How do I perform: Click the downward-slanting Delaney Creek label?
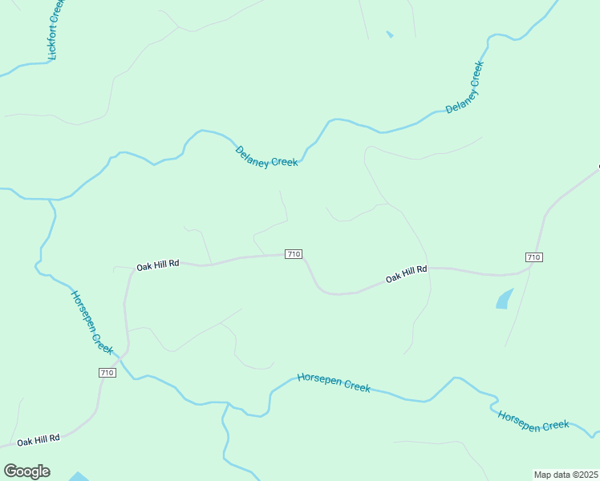[x=266, y=156]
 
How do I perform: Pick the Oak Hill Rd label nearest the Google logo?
[x=39, y=440]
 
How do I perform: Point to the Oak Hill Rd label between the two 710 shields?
[x=406, y=274]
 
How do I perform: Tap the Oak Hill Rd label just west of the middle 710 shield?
[x=157, y=265]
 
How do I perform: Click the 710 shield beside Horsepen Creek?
[x=107, y=373]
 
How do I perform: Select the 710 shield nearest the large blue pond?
[x=534, y=257]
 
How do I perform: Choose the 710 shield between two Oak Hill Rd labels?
[x=294, y=254]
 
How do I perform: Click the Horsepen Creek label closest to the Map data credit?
[x=533, y=420]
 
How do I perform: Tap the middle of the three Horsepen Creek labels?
[x=334, y=382]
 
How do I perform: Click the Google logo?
[x=26, y=471]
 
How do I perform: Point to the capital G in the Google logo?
[x=10, y=471]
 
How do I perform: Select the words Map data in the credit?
[x=552, y=475]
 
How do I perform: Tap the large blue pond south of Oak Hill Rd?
[x=504, y=299]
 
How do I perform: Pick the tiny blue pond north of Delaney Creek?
[x=390, y=34]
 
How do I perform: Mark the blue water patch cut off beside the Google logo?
[x=79, y=477]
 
